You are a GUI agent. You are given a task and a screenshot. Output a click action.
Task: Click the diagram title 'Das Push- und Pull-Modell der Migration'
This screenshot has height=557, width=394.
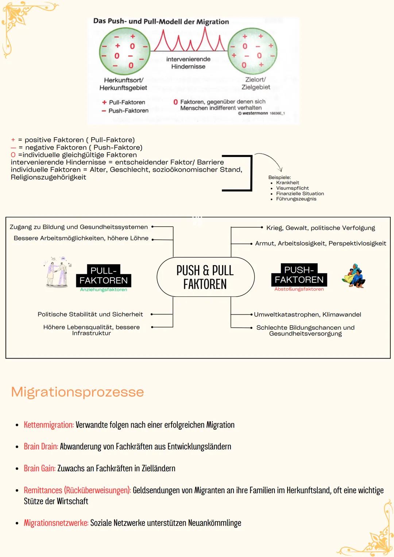tap(161, 22)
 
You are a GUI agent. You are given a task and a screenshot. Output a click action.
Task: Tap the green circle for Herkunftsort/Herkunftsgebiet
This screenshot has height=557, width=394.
tap(124, 51)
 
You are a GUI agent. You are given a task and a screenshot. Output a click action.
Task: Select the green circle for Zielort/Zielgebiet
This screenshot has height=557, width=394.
tap(252, 51)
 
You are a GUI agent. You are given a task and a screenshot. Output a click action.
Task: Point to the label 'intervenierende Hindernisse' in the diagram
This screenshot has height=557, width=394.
tap(188, 63)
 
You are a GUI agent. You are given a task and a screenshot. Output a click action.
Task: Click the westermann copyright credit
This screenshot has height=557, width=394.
tap(261, 113)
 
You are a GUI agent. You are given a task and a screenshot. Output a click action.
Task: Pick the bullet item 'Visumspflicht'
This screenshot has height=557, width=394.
tap(292, 188)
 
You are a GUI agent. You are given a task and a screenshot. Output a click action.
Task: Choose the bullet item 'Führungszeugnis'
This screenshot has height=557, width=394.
tap(296, 199)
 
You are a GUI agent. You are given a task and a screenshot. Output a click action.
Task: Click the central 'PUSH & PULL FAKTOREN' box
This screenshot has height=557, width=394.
tap(205, 277)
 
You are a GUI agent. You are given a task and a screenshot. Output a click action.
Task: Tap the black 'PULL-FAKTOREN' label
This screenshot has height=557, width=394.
tap(104, 276)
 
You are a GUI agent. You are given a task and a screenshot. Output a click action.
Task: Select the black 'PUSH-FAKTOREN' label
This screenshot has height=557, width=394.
tap(299, 275)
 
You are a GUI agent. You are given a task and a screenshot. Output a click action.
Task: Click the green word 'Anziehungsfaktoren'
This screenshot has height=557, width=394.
tap(104, 290)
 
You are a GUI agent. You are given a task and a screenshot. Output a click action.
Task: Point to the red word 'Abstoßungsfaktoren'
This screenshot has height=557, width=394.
tap(299, 289)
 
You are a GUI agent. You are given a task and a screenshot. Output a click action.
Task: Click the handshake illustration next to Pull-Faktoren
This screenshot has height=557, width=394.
tap(58, 272)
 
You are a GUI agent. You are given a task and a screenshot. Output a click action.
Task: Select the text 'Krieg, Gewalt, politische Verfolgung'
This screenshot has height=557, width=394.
tap(320, 228)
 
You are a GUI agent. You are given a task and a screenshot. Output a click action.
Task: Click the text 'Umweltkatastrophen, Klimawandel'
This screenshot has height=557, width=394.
tap(307, 314)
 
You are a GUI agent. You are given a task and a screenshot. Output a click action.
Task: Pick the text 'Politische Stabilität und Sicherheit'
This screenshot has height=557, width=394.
tap(90, 314)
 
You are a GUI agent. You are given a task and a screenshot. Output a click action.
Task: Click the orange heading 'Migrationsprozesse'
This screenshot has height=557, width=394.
tap(77, 392)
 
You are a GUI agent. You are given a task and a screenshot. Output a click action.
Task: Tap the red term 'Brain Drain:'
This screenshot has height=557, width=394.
tap(41, 446)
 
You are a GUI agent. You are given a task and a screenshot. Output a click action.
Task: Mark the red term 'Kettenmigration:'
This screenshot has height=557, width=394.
tap(49, 425)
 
